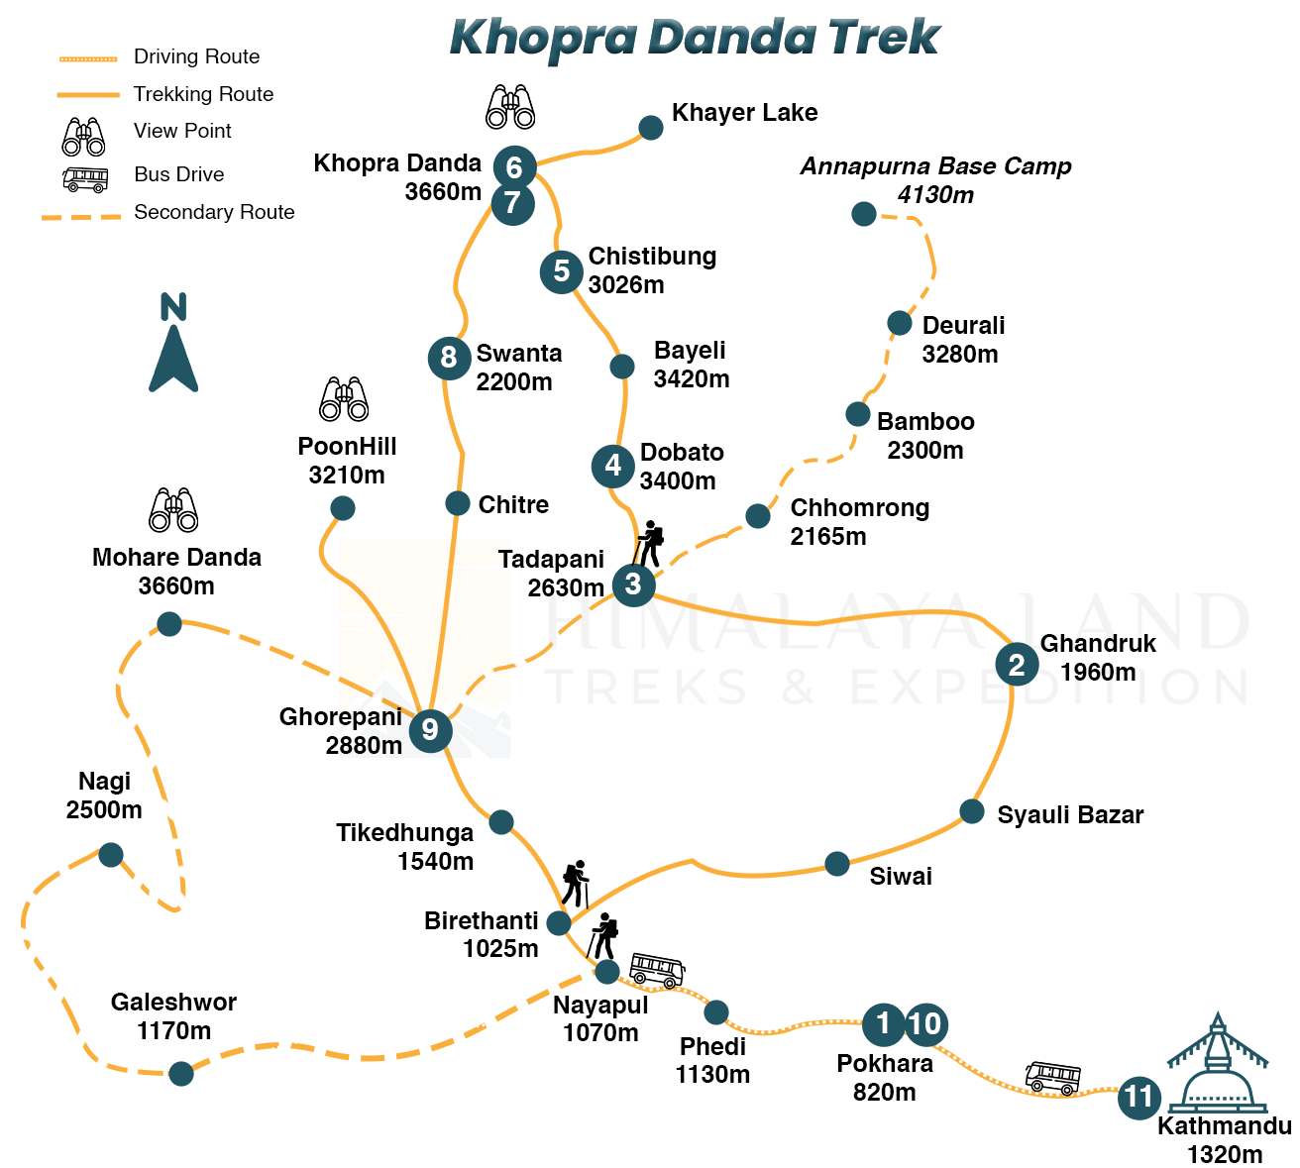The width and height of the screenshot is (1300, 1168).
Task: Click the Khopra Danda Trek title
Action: (694, 38)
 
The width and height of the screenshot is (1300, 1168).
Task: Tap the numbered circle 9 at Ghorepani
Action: (430, 730)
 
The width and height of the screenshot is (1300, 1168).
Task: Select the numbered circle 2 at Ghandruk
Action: (1017, 664)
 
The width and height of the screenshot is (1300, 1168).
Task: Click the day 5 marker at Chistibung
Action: (562, 270)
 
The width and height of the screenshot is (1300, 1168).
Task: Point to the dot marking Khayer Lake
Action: (651, 128)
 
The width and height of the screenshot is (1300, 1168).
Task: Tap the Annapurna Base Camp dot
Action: (864, 213)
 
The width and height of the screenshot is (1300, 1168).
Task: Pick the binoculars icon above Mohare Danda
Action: (173, 509)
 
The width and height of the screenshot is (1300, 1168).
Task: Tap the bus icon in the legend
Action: (85, 179)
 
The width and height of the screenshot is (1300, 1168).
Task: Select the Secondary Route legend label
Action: (214, 212)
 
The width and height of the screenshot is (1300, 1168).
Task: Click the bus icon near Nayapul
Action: (657, 970)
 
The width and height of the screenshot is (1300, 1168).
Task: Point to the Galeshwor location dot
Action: (181, 1073)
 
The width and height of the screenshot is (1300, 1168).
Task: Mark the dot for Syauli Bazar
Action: (972, 811)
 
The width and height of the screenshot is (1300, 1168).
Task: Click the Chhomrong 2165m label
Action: (858, 522)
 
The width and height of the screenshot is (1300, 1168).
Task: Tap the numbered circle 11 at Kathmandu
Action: (1139, 1098)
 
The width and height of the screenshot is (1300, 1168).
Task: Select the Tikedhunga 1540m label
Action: (404, 847)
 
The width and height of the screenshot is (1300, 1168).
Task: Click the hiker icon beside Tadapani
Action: (650, 543)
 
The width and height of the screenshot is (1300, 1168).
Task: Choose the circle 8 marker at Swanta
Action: (449, 357)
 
